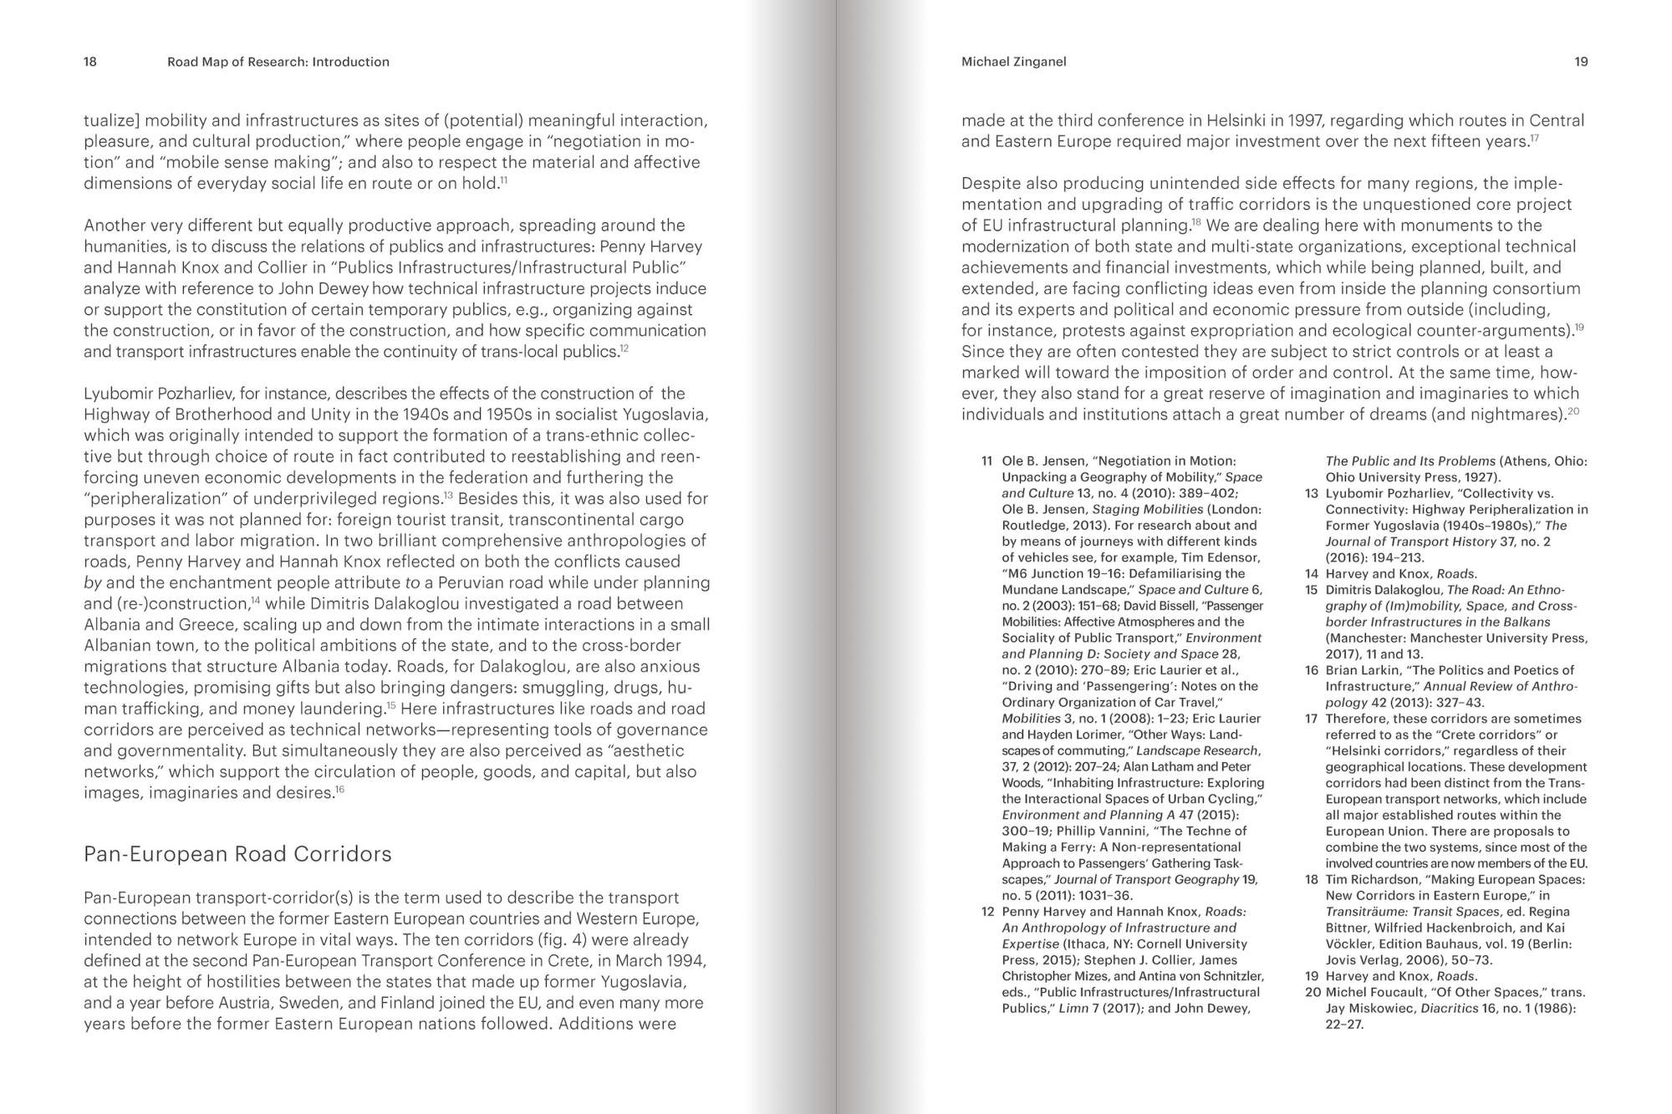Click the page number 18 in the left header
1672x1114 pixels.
coord(90,62)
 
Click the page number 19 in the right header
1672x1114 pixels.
coord(1581,62)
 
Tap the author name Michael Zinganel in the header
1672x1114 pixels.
coord(1013,62)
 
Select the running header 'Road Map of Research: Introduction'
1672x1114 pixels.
coord(278,62)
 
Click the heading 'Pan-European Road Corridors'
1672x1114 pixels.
coord(237,854)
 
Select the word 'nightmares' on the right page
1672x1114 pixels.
coord(1517,415)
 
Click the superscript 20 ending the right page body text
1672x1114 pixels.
coord(1573,410)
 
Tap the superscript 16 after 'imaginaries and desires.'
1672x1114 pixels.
coord(340,789)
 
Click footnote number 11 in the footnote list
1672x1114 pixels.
coord(986,461)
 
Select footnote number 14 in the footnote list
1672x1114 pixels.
coord(1311,574)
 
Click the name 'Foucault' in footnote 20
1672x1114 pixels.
coord(1393,993)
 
